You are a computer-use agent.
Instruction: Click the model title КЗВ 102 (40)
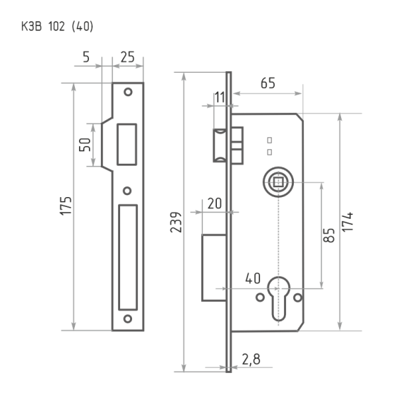tap(57, 27)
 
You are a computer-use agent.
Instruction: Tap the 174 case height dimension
tap(349, 222)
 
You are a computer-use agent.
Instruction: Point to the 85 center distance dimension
tap(329, 235)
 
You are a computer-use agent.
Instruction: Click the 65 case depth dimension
tap(267, 83)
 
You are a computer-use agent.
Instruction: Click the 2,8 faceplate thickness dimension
tap(251, 359)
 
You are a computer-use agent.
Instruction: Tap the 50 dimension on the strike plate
tap(85, 145)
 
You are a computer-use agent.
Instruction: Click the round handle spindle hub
tap(275, 182)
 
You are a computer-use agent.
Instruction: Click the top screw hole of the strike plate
tap(128, 92)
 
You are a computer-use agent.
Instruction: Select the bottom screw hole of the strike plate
tap(128, 319)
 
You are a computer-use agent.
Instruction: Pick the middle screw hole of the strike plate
tap(128, 190)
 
